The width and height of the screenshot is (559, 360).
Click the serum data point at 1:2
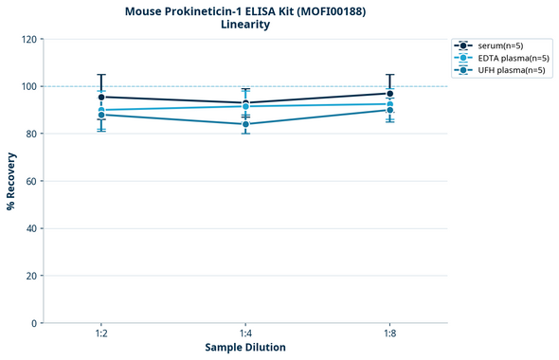click(101, 97)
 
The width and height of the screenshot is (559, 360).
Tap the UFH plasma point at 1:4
click(246, 124)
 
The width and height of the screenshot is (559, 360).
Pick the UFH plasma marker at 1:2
click(101, 115)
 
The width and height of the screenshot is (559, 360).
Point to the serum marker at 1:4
click(246, 103)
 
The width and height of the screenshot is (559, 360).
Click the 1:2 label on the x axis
click(101, 334)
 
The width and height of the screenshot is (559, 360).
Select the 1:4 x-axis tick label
click(246, 334)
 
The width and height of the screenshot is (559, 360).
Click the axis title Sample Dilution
click(245, 348)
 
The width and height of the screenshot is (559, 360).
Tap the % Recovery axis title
click(11, 180)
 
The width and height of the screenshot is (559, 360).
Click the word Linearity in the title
click(244, 25)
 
